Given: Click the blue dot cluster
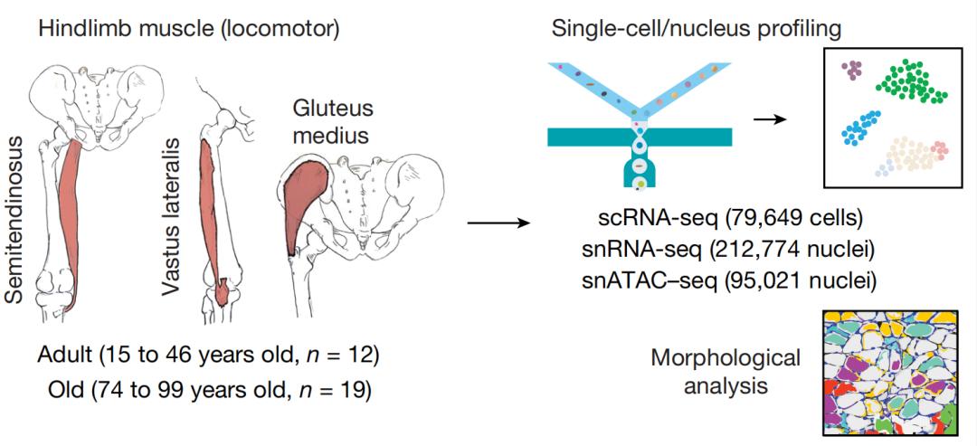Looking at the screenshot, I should [x=860, y=128].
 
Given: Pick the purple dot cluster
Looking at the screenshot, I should [x=849, y=70].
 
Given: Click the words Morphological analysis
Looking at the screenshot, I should [x=726, y=372].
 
